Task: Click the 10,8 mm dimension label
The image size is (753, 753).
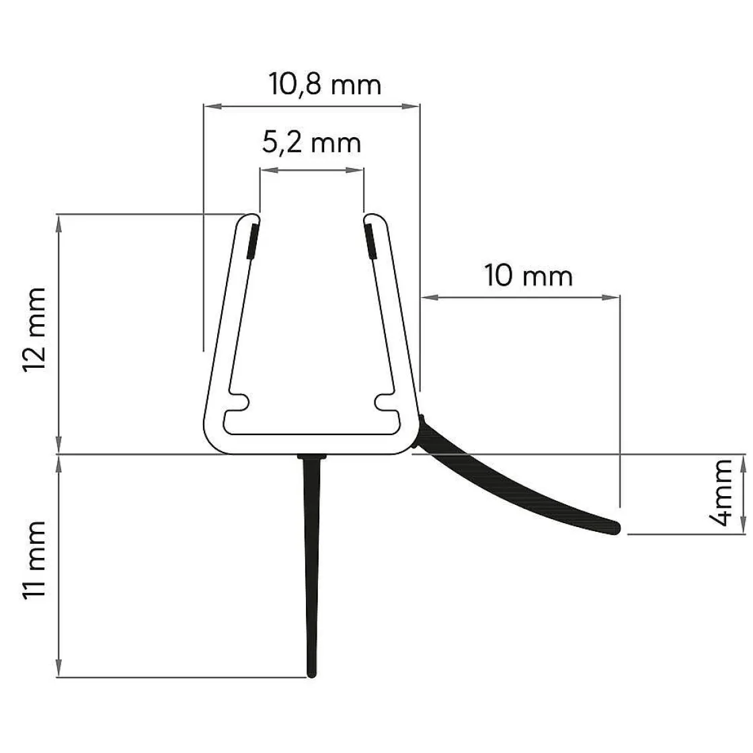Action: pyautogui.click(x=325, y=85)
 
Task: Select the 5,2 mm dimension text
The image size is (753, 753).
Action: pyautogui.click(x=311, y=143)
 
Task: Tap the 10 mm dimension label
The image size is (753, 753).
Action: pyautogui.click(x=529, y=275)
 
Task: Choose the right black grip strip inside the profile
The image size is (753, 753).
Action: pyautogui.click(x=370, y=241)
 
